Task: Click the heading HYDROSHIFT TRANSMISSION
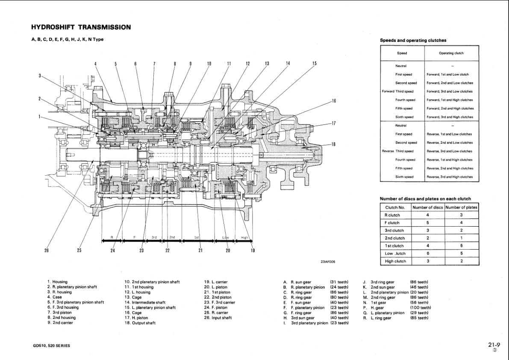point(81,27)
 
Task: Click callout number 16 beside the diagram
point(333,101)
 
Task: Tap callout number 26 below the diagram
point(46,251)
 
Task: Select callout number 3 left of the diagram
point(40,76)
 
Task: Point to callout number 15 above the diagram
point(314,64)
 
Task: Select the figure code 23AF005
point(329,260)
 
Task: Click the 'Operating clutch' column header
point(451,53)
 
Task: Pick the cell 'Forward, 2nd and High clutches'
point(450,108)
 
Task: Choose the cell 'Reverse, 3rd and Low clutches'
point(449,151)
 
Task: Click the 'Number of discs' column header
point(427,207)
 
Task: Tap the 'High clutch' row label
point(395,261)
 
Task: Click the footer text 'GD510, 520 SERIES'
point(52,346)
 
